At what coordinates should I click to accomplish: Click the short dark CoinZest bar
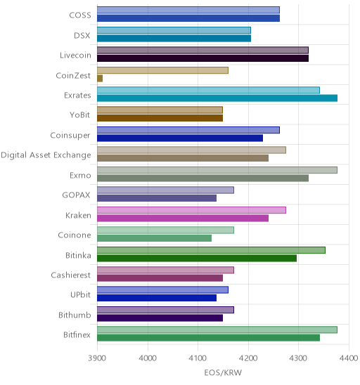coord(100,78)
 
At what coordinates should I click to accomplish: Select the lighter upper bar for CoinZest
coord(162,70)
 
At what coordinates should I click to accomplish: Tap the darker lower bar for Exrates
coord(217,98)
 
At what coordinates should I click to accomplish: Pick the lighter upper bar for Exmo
coord(217,170)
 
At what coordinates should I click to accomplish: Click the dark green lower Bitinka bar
coord(197,258)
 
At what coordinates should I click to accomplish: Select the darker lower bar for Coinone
coord(154,238)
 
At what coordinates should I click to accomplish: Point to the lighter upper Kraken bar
coord(191,210)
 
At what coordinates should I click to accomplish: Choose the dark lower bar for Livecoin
coord(202,58)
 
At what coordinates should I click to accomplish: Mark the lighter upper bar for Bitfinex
coord(217,329)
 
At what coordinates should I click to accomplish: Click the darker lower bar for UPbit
coord(157,298)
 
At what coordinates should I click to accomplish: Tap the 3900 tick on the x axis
coord(97,358)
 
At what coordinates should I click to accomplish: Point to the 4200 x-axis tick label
coord(248,358)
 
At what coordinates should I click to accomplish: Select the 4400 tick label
coord(349,358)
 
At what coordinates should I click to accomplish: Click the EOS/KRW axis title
coord(223,373)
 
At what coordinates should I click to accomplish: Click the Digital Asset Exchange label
coord(46,155)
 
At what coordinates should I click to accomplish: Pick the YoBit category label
coord(80,115)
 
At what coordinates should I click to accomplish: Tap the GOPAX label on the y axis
coord(76,195)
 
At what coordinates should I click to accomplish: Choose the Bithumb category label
coord(75,315)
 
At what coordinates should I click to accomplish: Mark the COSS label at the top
coord(80,15)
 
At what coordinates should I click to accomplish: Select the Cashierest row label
coord(71,275)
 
